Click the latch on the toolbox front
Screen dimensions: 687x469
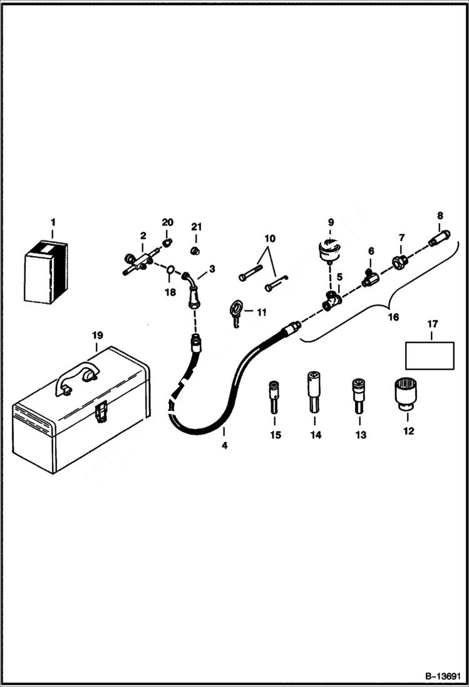(x=100, y=412)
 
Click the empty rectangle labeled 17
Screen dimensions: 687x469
(x=430, y=355)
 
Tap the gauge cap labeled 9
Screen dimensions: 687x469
(x=328, y=251)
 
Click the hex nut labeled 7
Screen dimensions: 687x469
(x=398, y=260)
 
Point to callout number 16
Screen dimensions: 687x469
(x=393, y=318)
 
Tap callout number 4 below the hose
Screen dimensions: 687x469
(x=224, y=446)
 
